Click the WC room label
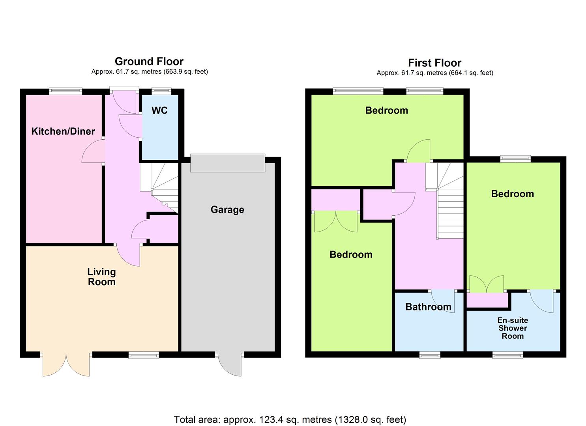coord(159,110)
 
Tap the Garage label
coord(227,210)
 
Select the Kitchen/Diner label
coord(63,131)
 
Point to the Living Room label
coord(101,277)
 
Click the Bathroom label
coord(428,307)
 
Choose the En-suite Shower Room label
coord(513,328)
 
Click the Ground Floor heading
coord(149,62)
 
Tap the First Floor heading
coord(434,63)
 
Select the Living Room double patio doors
coord(66,364)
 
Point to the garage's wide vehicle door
coord(228,163)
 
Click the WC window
coord(161,91)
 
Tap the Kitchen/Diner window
coord(66,91)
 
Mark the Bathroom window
coord(430,355)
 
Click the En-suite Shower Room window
coord(507,355)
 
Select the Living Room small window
coord(144,355)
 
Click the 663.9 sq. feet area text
coord(186,72)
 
